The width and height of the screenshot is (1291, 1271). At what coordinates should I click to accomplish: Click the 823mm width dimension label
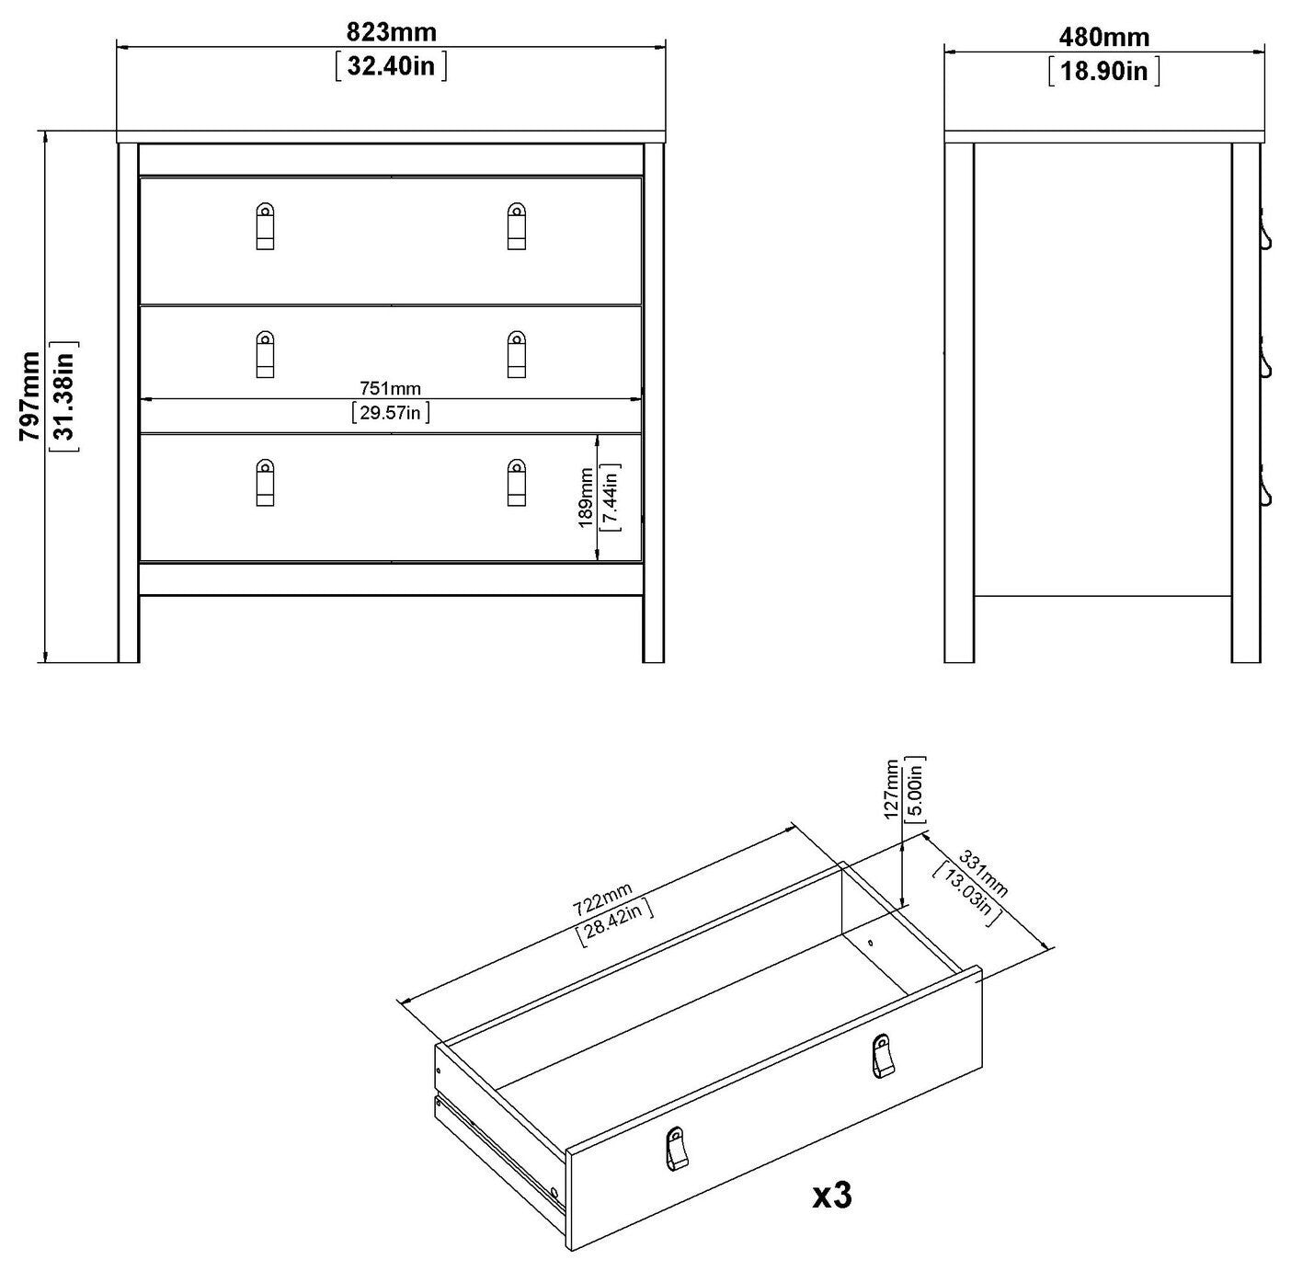391,32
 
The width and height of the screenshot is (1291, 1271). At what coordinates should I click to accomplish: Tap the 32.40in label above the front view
391,65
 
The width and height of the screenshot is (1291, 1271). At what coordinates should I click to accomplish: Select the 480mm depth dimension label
1104,37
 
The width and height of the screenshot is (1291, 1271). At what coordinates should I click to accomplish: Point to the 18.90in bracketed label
1104,71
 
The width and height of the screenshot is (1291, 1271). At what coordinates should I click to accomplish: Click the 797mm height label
30,396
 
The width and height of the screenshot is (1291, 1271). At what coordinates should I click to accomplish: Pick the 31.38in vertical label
65,396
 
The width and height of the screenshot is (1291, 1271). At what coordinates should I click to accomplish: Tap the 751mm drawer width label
391,388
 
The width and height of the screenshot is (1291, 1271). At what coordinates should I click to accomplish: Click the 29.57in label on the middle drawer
391,412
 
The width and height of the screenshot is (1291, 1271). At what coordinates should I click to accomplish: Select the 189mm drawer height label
586,498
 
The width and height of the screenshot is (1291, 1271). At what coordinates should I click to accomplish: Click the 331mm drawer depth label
983,874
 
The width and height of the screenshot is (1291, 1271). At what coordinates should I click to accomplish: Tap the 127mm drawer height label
891,789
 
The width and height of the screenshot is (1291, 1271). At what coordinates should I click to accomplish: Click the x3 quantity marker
832,1196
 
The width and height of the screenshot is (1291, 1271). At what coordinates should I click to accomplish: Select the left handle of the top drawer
266,226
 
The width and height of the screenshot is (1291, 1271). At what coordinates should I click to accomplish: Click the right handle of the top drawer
517,226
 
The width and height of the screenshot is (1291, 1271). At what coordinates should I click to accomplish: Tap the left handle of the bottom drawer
266,482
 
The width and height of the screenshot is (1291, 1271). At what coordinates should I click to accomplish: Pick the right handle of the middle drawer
517,354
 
